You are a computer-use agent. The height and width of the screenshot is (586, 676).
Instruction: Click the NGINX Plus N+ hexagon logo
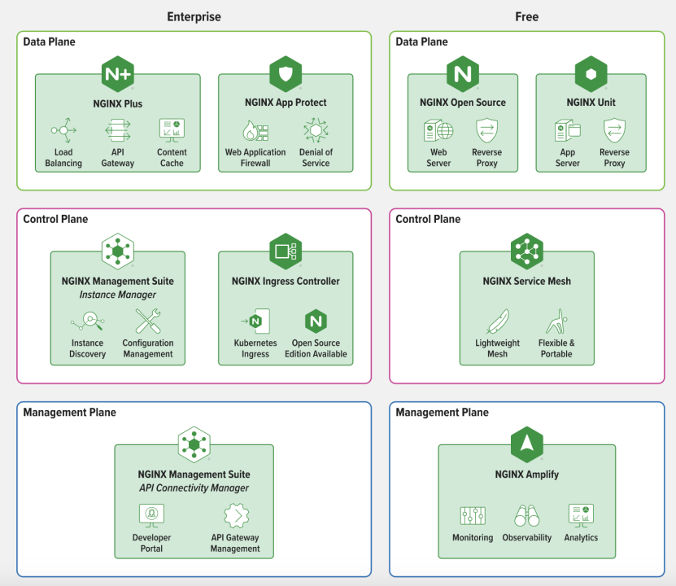pos(118,74)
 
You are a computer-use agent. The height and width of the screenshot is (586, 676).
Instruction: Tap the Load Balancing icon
pos(63,130)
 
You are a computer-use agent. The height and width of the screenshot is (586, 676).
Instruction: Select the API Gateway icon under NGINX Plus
pos(118,130)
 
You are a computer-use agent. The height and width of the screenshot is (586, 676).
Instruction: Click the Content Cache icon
pos(172,130)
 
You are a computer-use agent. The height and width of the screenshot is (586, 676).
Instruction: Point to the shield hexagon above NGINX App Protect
pos(286,74)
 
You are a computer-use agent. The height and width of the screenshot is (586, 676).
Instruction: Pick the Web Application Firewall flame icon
pos(255,131)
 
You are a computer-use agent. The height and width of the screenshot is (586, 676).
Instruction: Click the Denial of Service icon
pos(316,130)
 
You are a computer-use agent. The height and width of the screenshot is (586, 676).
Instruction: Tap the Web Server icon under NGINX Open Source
pos(438,131)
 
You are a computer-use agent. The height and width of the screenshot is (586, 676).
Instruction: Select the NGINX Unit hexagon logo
pos(591,74)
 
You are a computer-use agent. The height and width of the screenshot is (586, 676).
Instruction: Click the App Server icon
pos(567,131)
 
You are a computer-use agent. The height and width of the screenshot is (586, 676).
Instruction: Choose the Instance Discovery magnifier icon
pos(88,321)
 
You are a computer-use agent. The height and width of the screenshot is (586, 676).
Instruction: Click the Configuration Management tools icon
pos(148,321)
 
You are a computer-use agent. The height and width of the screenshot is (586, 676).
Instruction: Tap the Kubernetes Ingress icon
pos(255,321)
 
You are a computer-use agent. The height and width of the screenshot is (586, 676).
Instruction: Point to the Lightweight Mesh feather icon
pos(498,321)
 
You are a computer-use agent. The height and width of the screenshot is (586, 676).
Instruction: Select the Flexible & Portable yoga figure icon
pos(556,321)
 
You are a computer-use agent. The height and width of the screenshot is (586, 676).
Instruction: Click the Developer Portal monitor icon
pos(152,516)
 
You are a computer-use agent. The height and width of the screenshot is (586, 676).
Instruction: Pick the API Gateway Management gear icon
pos(236,516)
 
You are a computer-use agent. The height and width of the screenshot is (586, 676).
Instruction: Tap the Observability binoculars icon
pos(527,516)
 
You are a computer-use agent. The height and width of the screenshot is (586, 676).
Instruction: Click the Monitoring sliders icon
pos(473,516)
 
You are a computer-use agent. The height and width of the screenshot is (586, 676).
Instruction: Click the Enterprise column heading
pos(194,17)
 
